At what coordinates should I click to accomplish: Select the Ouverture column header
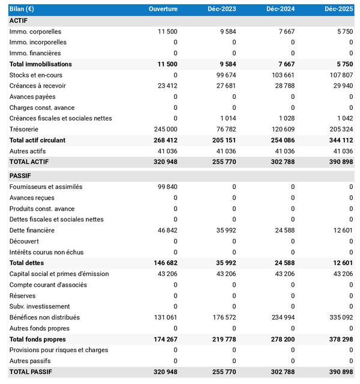tap(163, 9)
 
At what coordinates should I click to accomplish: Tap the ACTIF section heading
tap(20, 20)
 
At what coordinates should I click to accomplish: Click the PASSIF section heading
tap(21, 176)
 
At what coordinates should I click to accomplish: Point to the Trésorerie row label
tap(26, 129)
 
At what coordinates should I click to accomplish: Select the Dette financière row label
tap(32, 230)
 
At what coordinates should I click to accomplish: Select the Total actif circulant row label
tap(38, 140)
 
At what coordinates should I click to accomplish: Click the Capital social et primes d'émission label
tap(59, 274)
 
